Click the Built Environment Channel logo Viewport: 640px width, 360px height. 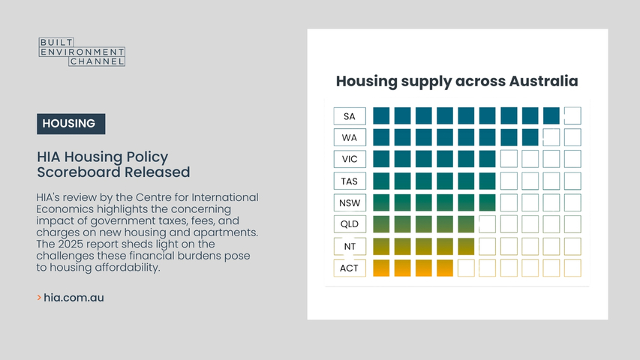point(82,52)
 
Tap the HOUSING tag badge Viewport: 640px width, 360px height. point(71,124)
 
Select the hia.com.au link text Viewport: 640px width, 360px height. point(74,298)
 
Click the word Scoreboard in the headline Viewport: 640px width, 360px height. point(80,172)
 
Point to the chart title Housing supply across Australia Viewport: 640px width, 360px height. point(457,81)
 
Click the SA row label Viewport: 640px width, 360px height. point(350,116)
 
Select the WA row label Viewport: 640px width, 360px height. point(350,137)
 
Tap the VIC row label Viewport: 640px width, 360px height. point(350,159)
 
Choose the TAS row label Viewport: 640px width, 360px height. point(350,181)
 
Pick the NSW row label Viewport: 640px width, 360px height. point(350,202)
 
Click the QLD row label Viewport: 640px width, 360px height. point(350,224)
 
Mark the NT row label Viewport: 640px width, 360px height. point(350,246)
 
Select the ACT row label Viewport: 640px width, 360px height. point(350,268)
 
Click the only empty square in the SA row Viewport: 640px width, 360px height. point(572,116)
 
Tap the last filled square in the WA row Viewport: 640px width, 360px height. point(530,137)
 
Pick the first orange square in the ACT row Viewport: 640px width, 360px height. point(381,268)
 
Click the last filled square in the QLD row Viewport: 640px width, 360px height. point(466,224)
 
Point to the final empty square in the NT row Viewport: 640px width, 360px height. point(572,246)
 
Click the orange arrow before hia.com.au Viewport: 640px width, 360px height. point(39,298)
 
